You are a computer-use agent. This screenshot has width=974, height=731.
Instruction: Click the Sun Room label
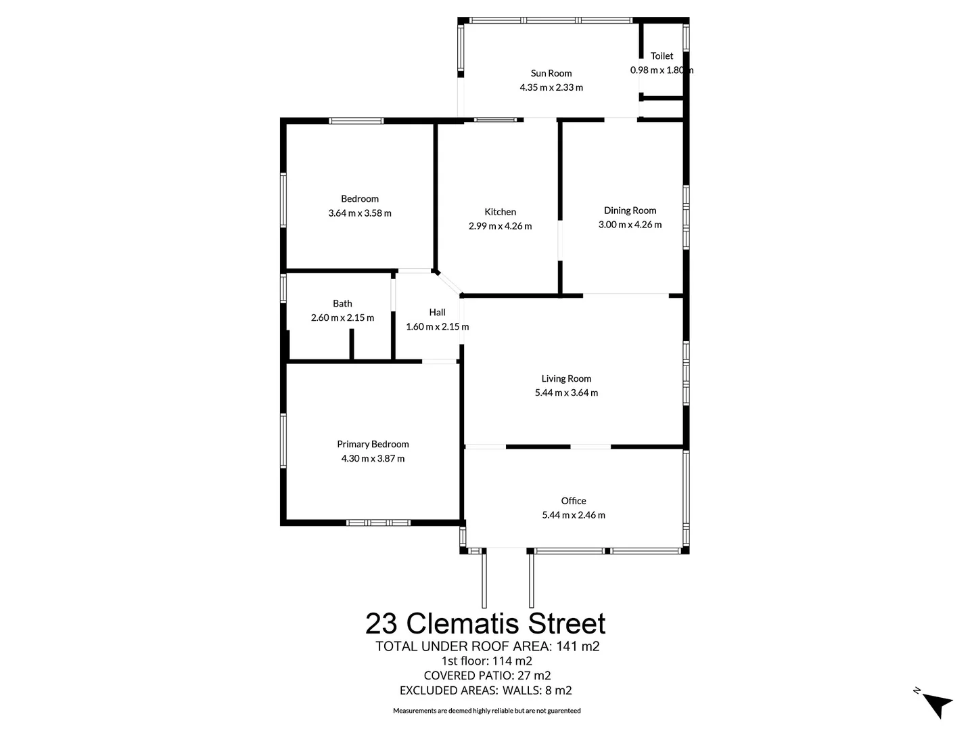coord(551,73)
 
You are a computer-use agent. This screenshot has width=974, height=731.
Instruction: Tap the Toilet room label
coord(662,56)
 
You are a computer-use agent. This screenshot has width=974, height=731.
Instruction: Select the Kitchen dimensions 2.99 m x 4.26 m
coord(500,226)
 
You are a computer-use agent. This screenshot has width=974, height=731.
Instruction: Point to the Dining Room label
coord(630,211)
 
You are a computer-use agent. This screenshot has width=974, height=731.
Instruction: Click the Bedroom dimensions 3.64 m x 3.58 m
coord(360,213)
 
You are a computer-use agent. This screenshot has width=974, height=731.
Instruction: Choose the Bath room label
coord(342,303)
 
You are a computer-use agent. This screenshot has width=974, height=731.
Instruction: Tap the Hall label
coord(437,312)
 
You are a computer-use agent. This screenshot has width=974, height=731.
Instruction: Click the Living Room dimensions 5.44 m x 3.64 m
coord(566,393)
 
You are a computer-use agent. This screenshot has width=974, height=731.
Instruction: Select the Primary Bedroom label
coord(373,444)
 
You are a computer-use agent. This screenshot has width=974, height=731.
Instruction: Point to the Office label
coord(574,501)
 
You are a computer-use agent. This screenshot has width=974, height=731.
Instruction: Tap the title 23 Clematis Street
coord(486,623)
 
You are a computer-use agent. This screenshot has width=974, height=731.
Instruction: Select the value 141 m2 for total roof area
coord(578,646)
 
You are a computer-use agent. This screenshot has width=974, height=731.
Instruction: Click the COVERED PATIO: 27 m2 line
coord(487,675)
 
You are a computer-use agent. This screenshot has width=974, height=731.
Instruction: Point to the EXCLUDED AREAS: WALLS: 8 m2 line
coord(486,690)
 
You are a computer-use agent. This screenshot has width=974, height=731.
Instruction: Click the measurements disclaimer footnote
coord(487,711)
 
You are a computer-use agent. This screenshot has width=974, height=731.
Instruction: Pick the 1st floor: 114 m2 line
coord(486,661)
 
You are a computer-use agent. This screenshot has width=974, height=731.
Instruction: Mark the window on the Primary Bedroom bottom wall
coord(378,523)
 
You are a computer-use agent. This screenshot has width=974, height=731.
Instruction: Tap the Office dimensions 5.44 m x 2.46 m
coord(574,515)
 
